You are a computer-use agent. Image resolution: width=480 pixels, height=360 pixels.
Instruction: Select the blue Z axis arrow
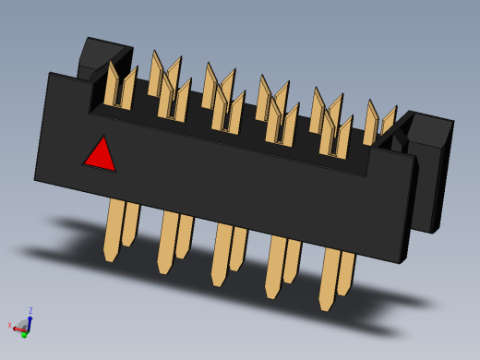click(30, 319)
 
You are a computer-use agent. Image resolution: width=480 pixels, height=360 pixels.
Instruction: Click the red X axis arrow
click(18, 328)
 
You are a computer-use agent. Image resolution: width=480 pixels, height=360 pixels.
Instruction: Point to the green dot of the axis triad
click(24, 334)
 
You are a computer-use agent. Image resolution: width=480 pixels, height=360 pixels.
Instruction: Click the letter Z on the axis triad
click(30, 311)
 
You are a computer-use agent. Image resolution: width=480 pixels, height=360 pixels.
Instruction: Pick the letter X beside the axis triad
click(9, 325)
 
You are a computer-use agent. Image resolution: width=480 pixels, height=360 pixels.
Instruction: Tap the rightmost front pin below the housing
click(330, 277)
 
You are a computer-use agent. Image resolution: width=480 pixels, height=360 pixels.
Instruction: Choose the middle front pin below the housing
click(222, 253)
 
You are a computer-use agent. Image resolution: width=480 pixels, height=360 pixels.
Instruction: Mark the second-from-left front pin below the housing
click(168, 241)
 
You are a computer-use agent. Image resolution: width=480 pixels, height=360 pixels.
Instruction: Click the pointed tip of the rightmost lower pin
click(326, 307)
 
